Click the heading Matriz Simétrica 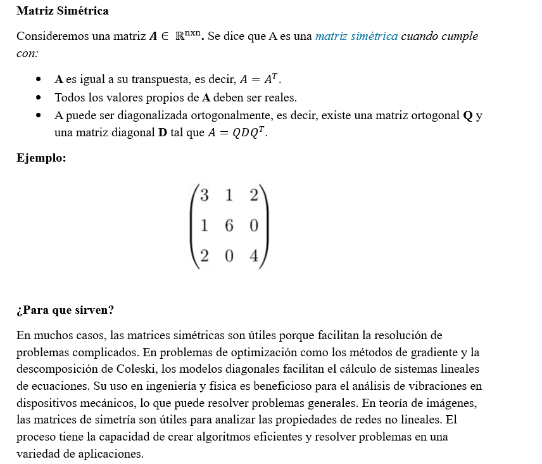(62, 11)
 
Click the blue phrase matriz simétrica (356, 36)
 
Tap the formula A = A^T (260, 79)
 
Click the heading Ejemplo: (41, 158)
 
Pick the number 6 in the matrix (229, 226)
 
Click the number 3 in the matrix (204, 195)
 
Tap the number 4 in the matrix (253, 256)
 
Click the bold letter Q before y (468, 117)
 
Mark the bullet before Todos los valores (39, 98)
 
